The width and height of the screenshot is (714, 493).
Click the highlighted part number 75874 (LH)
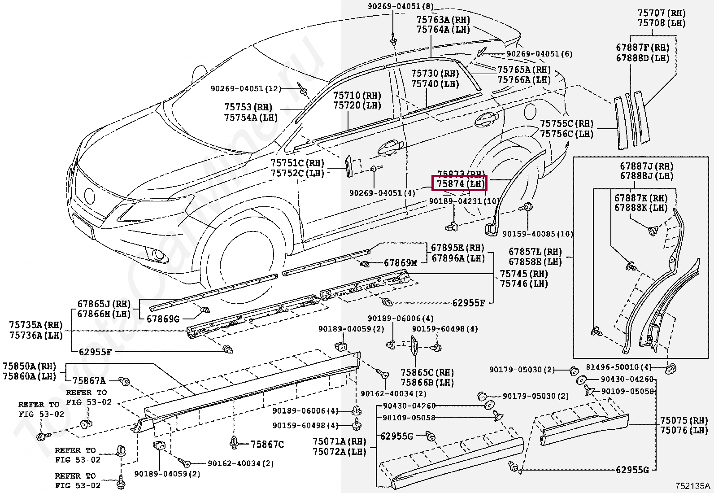458,183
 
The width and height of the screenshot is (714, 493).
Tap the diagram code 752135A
693,486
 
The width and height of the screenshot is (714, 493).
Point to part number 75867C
267,444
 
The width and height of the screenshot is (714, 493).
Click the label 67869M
400,263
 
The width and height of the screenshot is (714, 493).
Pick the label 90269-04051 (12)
245,89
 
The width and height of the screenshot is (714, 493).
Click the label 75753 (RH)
248,108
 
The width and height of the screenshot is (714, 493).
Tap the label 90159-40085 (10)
537,234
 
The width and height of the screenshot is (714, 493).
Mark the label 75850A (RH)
29,366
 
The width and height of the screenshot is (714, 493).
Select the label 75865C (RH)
427,373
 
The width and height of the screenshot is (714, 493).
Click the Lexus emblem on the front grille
89,196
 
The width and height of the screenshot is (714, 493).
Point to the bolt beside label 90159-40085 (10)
527,208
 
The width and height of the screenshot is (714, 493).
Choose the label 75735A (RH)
36,325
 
